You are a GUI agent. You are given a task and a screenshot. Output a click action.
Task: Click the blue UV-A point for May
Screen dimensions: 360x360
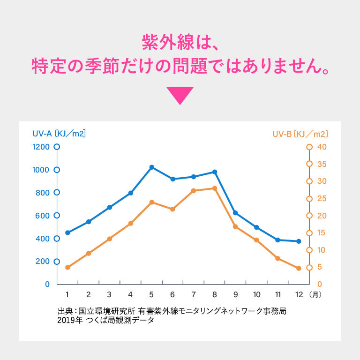[152, 167]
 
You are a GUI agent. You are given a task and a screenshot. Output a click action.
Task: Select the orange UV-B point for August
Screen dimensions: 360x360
[215, 188]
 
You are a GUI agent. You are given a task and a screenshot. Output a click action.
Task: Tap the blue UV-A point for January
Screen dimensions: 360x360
[67, 232]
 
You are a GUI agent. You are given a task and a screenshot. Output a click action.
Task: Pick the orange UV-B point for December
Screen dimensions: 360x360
[299, 269]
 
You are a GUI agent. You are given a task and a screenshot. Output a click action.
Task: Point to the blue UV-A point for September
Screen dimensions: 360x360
[235, 213]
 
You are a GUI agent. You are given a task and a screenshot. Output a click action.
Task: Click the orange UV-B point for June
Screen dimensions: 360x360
[172, 209]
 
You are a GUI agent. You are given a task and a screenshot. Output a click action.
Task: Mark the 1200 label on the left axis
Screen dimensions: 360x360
[41, 147]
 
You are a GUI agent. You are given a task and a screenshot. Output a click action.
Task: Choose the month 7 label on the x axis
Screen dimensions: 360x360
[193, 294]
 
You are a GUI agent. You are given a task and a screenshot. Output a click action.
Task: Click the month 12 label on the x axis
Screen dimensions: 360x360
[299, 294]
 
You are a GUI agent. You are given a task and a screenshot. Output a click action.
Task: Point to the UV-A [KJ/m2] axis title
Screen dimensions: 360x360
[59, 134]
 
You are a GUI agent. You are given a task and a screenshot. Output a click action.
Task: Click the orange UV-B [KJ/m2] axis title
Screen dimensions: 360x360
[300, 134]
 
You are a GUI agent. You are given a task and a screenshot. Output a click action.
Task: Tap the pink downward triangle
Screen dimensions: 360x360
[180, 95]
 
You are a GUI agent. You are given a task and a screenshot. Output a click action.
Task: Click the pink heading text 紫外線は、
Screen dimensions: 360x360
[180, 43]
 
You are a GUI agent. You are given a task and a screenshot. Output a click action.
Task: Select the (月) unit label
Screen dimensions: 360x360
[315, 294]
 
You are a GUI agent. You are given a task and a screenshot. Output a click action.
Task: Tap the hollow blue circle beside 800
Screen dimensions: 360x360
[57, 192]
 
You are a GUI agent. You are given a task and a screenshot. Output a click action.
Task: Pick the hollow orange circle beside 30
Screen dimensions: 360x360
[309, 181]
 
